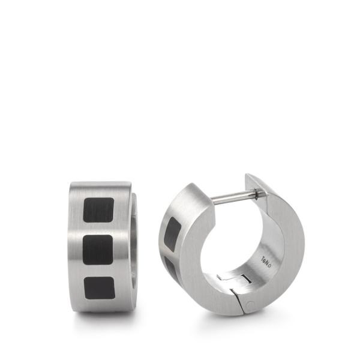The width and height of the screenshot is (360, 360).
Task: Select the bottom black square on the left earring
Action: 99,289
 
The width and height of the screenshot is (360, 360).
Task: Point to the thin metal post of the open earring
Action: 231,196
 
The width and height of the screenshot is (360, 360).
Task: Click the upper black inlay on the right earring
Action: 172,230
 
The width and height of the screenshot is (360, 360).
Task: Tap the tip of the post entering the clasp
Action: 256,193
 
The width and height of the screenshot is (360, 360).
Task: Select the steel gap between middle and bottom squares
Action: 99,269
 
